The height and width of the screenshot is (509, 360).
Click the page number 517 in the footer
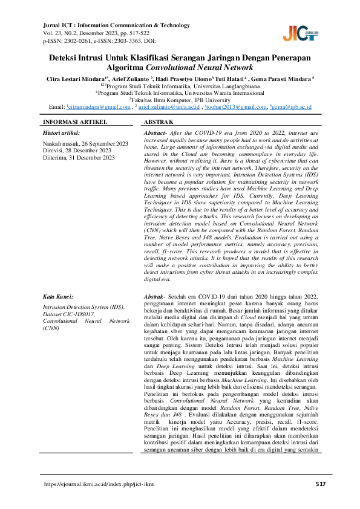point(321,485)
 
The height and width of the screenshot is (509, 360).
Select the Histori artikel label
point(62,132)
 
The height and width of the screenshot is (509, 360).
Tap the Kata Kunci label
point(58,297)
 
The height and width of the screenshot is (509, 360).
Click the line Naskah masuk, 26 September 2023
point(85,143)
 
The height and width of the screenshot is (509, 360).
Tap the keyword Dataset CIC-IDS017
point(68,314)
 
